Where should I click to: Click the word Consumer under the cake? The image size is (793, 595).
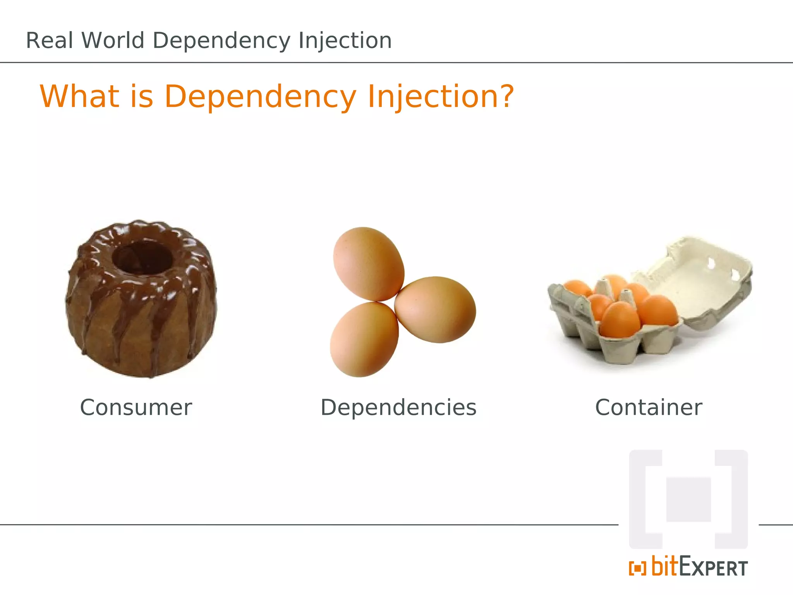click(x=136, y=408)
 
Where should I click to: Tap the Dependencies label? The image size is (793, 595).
click(x=398, y=408)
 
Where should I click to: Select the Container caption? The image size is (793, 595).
click(x=649, y=408)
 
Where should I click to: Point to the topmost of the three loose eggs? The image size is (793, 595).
click(x=368, y=264)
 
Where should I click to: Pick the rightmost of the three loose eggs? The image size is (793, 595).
click(x=436, y=309)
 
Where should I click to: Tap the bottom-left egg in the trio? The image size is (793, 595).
click(x=364, y=340)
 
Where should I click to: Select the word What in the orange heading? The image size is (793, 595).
click(x=80, y=96)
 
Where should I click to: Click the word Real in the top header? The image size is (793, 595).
click(x=49, y=40)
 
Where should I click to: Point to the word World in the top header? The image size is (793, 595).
click(x=113, y=40)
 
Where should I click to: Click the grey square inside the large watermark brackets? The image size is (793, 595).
click(x=688, y=500)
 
